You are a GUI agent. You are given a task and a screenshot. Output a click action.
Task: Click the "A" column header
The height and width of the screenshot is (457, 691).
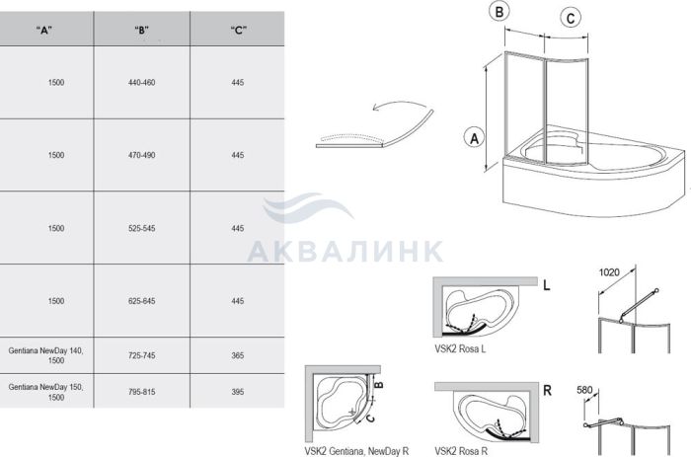click(x=44, y=30)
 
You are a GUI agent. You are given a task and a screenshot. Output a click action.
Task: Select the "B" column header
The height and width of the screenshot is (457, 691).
click(x=141, y=30)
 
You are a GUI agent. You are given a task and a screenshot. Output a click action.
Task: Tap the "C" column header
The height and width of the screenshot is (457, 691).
click(x=238, y=30)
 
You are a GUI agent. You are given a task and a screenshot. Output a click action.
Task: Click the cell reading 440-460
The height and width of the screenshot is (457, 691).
click(x=141, y=82)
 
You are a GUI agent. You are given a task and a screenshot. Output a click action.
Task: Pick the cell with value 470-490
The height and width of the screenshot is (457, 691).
click(x=141, y=155)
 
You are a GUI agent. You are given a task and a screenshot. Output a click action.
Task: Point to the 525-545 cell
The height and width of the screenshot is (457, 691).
click(x=141, y=228)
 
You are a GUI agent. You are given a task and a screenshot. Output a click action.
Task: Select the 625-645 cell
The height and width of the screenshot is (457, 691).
click(x=141, y=301)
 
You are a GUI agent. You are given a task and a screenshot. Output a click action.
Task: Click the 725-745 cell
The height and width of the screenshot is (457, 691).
click(x=141, y=355)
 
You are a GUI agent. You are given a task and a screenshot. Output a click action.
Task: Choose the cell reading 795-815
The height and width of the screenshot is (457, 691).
click(x=141, y=392)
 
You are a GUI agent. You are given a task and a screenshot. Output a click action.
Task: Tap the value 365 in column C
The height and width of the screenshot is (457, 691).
click(x=238, y=355)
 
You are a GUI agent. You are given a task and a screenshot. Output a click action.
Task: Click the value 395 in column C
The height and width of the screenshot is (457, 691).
click(x=238, y=392)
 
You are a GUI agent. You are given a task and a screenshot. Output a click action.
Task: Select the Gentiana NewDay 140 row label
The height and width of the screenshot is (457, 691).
click(x=45, y=355)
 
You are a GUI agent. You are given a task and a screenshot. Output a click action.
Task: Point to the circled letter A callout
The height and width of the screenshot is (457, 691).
click(x=474, y=139)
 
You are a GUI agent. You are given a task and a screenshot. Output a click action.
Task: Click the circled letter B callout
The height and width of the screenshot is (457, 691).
click(x=499, y=12)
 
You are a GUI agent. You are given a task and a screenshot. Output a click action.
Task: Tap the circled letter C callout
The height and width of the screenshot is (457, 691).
click(x=571, y=18)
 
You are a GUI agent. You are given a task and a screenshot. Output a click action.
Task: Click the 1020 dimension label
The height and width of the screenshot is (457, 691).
click(x=609, y=272)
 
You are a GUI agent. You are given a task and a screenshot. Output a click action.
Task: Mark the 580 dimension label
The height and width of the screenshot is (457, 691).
click(x=584, y=390)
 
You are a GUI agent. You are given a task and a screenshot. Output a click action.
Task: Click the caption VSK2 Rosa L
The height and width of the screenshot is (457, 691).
click(x=460, y=348)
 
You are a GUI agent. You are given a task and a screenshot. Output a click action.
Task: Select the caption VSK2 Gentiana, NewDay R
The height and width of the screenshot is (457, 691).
click(x=356, y=451)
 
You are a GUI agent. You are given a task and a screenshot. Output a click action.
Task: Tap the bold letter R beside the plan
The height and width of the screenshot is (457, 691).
click(x=547, y=391)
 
